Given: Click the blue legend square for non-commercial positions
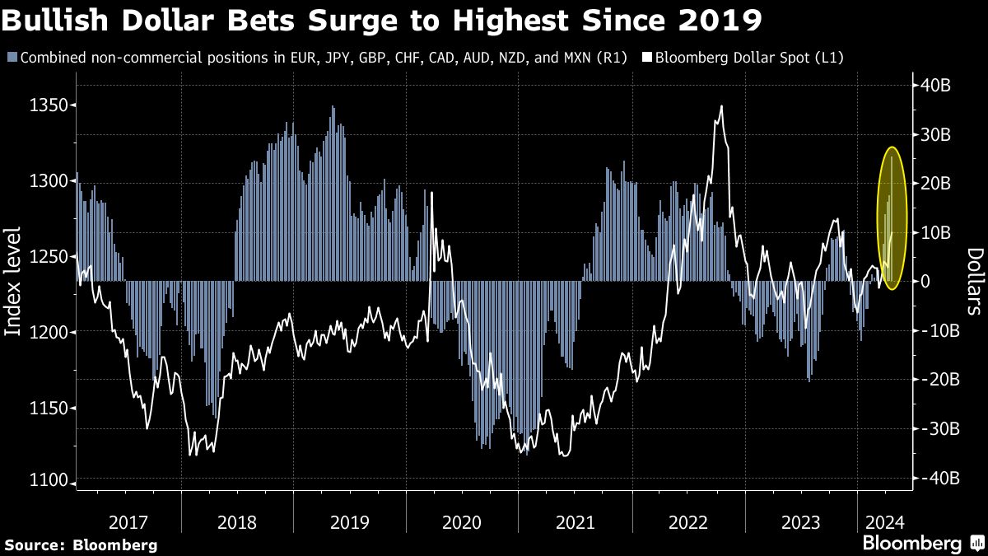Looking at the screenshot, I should click(11, 58).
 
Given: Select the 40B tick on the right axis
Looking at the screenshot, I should click(934, 85).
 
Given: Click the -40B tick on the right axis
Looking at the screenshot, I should click(934, 478).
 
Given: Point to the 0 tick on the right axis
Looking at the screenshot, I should click(925, 282).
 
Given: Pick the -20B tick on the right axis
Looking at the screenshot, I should click(934, 380).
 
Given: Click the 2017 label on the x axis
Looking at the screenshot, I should click(128, 522).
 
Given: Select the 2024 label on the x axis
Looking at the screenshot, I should click(883, 522).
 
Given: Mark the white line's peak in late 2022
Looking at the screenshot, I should click(721, 106).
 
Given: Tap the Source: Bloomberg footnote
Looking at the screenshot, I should click(81, 544).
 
